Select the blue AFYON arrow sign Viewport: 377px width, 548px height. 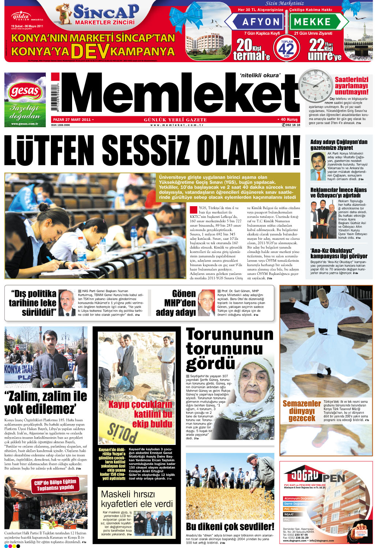[256, 22]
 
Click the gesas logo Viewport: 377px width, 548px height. [25, 91]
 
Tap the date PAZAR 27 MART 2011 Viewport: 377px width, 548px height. [72, 120]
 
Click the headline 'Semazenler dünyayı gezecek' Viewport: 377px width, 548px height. [302, 411]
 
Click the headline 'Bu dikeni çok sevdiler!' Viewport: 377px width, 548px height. [230, 526]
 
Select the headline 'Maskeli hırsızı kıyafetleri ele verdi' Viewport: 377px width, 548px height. [137, 499]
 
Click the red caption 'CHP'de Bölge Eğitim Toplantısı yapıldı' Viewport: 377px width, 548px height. [55, 484]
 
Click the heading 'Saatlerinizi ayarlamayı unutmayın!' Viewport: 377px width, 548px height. [351, 86]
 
